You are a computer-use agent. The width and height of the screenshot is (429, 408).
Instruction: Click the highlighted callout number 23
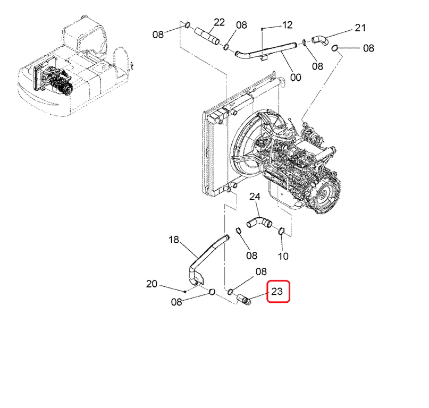point(276,292)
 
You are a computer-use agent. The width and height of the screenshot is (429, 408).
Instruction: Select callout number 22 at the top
point(219,22)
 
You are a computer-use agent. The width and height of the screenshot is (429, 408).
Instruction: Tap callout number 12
point(287,25)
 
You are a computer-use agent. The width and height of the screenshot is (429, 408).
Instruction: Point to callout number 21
point(360,28)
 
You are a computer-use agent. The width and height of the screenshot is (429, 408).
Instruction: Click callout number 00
point(296,77)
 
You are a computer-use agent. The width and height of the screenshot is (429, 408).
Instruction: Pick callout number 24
point(255,197)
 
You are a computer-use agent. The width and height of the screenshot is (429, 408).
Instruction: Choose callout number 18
point(174,240)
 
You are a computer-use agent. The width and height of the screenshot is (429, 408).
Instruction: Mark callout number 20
point(152,284)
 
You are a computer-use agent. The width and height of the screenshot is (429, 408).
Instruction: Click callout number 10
point(283,256)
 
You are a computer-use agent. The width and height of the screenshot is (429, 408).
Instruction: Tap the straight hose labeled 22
point(207,36)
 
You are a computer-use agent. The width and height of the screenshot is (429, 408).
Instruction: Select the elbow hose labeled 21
point(320,40)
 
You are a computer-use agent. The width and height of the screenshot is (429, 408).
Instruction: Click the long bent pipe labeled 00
point(265,51)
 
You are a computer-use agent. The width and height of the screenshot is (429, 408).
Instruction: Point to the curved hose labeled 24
point(259,222)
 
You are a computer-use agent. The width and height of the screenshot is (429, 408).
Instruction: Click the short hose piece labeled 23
point(243,299)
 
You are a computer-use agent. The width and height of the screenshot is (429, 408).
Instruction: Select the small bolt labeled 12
point(262,29)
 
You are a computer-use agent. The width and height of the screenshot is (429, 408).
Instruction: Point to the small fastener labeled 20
point(185,292)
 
